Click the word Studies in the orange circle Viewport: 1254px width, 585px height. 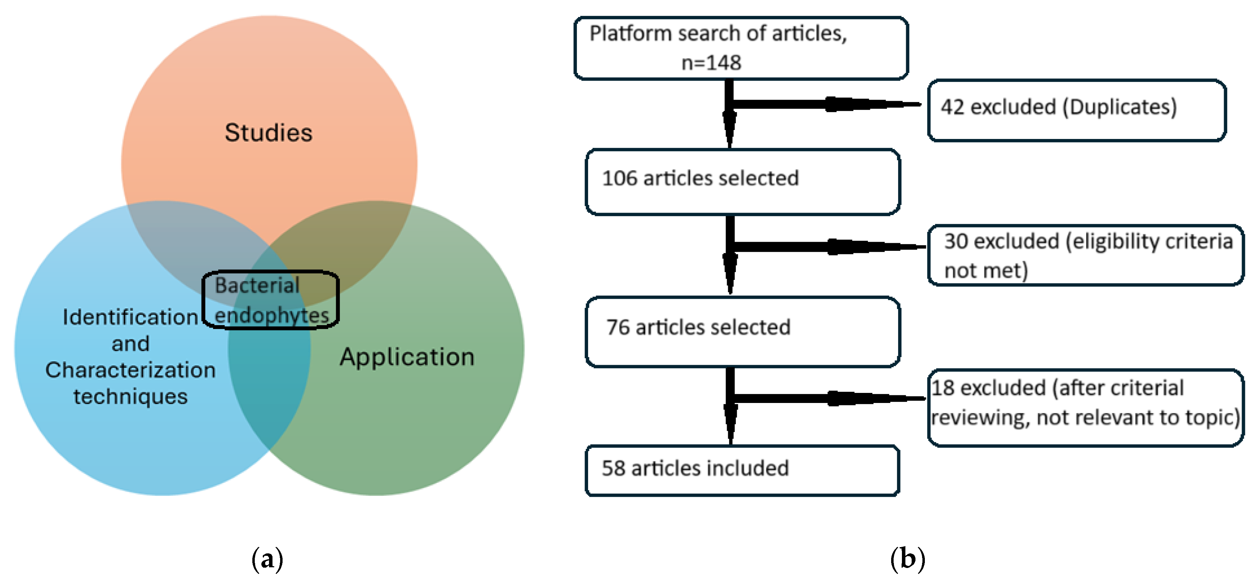click(268, 133)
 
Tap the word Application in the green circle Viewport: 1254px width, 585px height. click(407, 357)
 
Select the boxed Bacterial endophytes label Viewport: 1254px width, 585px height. click(271, 300)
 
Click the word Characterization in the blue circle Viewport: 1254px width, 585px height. click(130, 370)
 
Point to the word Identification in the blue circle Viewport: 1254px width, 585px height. click(130, 317)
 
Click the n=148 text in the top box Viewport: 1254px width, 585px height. click(711, 63)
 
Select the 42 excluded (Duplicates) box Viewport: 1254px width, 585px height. click(1076, 110)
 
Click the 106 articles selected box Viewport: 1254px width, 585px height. click(742, 182)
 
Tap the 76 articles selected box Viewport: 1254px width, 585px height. click(742, 331)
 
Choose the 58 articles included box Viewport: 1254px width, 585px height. click(742, 470)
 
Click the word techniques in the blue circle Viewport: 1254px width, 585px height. click(130, 397)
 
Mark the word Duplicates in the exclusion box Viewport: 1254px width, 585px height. click(1119, 107)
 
